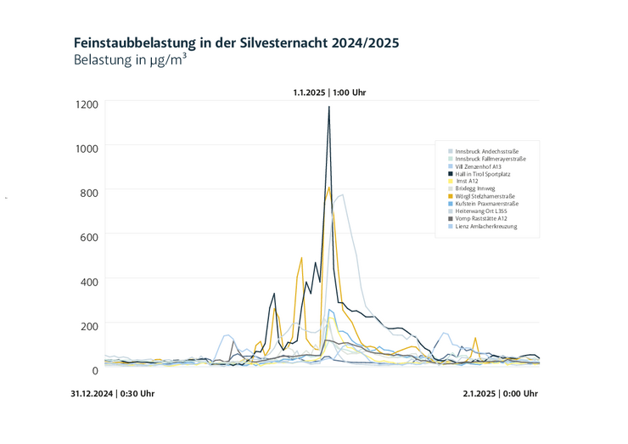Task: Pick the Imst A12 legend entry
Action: click(468, 182)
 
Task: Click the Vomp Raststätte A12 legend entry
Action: click(481, 219)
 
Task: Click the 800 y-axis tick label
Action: click(88, 193)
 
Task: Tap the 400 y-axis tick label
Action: click(88, 282)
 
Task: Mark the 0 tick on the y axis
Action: click(95, 370)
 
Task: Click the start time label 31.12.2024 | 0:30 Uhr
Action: click(113, 394)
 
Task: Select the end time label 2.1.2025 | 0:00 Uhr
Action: click(500, 394)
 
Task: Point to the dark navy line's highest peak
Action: click(329, 107)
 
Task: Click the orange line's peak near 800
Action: click(328, 188)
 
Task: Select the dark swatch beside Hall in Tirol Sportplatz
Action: click(451, 174)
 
